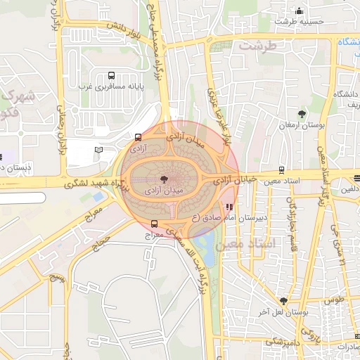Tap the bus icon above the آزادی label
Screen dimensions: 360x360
click(138, 138)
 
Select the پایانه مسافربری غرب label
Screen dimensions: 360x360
click(110, 86)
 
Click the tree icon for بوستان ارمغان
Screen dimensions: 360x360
click(302, 113)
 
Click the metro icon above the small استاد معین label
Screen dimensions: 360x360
click(282, 170)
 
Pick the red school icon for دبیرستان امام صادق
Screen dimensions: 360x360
click(230, 206)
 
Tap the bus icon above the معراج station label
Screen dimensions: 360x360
click(155, 224)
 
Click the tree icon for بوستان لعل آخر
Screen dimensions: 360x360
click(283, 301)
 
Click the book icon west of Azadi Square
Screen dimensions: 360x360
click(98, 150)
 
